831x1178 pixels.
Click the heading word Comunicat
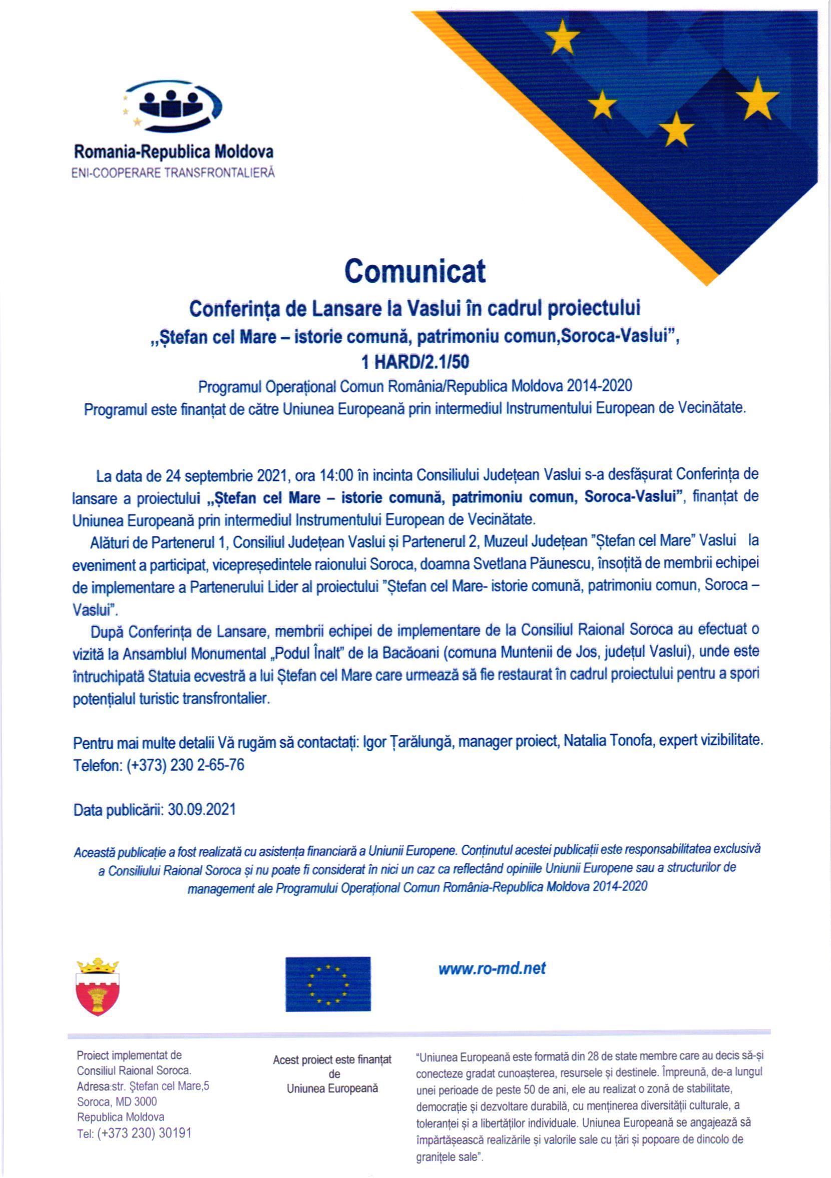414,271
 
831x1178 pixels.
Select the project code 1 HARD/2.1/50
414,362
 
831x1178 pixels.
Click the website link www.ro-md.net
492,969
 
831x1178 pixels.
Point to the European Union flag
328,984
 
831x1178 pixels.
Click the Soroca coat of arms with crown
98,986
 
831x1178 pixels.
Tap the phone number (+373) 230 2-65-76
186,765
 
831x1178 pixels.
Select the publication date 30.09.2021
202,810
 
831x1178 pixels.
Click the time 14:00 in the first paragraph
336,475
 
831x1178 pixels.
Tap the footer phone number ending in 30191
134,1133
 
